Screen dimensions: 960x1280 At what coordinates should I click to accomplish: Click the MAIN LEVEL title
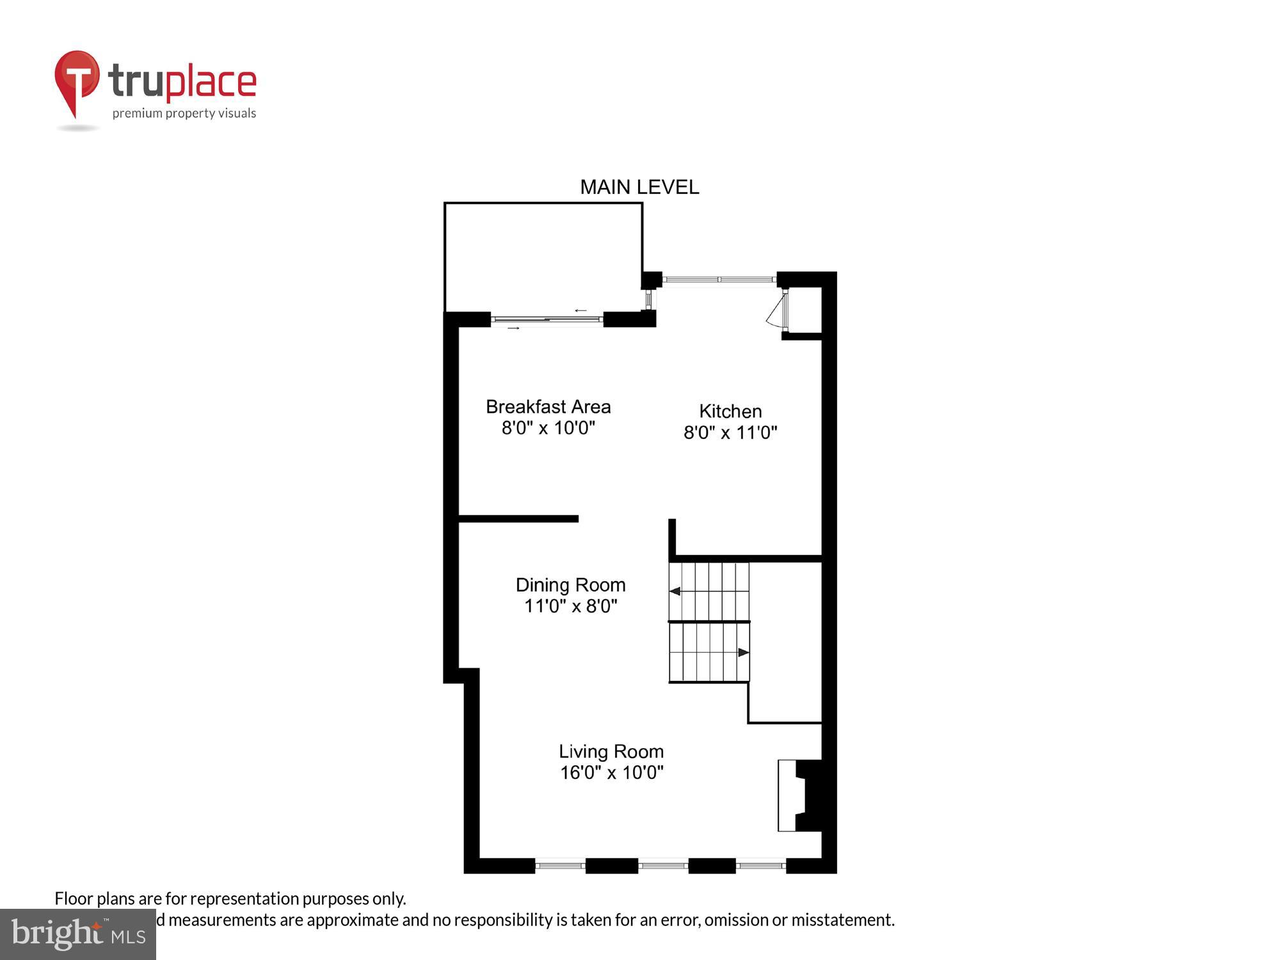639,187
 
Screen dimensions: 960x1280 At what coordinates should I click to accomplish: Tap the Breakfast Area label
548,407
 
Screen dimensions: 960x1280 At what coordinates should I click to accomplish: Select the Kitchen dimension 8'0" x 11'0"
730,433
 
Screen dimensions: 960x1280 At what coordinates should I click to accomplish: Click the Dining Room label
570,585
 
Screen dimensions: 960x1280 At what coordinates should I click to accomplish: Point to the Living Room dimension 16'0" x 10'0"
611,772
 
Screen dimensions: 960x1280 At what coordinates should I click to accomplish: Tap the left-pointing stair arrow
675,591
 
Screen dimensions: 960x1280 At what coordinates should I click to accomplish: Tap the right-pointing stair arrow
743,653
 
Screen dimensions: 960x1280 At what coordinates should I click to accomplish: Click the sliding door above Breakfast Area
547,319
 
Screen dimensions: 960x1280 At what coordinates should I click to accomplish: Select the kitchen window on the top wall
719,280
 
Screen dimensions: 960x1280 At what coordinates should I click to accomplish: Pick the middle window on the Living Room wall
663,866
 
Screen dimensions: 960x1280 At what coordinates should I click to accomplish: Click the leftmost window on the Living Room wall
560,866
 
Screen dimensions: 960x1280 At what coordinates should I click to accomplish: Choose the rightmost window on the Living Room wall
760,866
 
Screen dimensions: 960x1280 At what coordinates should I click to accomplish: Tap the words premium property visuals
184,114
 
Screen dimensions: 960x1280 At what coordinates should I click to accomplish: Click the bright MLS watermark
77,934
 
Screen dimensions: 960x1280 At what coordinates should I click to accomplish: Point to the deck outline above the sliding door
543,256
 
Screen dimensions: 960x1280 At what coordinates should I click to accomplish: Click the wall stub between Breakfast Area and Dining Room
518,519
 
